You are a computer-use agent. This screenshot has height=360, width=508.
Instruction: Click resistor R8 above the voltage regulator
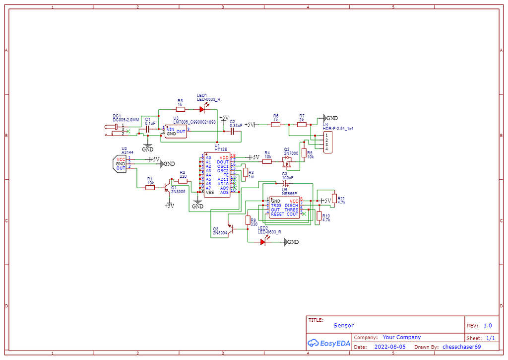point(180,109)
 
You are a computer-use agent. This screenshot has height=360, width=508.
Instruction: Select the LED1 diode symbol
point(202,109)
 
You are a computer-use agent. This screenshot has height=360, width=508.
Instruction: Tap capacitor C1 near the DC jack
point(147,128)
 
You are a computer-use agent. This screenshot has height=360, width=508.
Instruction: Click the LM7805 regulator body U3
point(176,132)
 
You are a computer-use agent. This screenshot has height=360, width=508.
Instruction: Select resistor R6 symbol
point(275,125)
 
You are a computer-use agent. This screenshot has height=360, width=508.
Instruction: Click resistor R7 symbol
point(302,125)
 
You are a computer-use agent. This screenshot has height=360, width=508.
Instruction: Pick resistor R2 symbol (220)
point(183,181)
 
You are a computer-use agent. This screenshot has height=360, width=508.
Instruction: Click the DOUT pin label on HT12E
point(223,162)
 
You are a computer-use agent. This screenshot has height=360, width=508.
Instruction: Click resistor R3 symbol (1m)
point(245,172)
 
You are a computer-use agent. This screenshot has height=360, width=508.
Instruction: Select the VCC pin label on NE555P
point(294,201)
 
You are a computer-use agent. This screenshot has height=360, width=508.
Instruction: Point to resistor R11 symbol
point(334,198)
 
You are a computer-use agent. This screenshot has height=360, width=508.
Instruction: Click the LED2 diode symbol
point(263,242)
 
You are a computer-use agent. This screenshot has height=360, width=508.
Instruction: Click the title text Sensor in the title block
point(343,326)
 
